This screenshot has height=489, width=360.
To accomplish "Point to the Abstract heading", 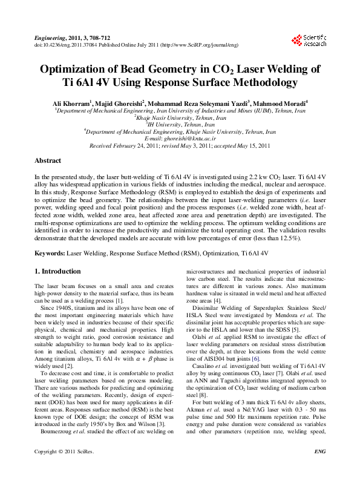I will pyautogui.click(x=48, y=161).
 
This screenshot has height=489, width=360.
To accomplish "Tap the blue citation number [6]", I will pyautogui.click(x=257, y=359).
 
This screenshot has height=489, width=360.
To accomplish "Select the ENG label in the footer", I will pyautogui.click(x=319, y=468).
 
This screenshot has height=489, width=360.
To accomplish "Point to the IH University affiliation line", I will pyautogui.click(x=180, y=125).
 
